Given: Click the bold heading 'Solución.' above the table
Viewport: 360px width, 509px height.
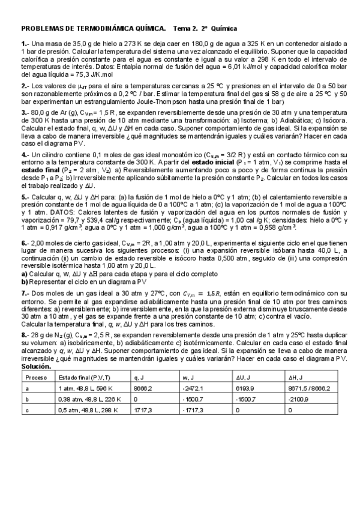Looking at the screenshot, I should [x=36, y=366].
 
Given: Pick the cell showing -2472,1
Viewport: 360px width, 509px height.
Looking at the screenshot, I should [x=194, y=388].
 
